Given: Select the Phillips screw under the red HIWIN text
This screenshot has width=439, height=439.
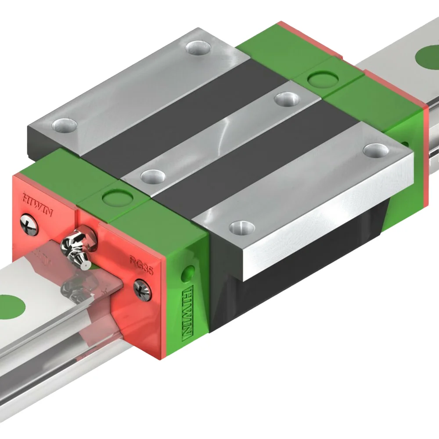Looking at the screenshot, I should [29, 227].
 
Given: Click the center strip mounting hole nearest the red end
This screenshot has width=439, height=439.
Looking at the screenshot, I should [152, 176].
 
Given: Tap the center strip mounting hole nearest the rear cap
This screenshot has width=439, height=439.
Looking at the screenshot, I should [286, 99].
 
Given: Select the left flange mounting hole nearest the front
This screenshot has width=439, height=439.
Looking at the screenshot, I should [65, 125].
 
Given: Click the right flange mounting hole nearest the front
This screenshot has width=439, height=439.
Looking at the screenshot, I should [242, 227].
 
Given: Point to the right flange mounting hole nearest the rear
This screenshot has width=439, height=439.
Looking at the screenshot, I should [376, 150].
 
